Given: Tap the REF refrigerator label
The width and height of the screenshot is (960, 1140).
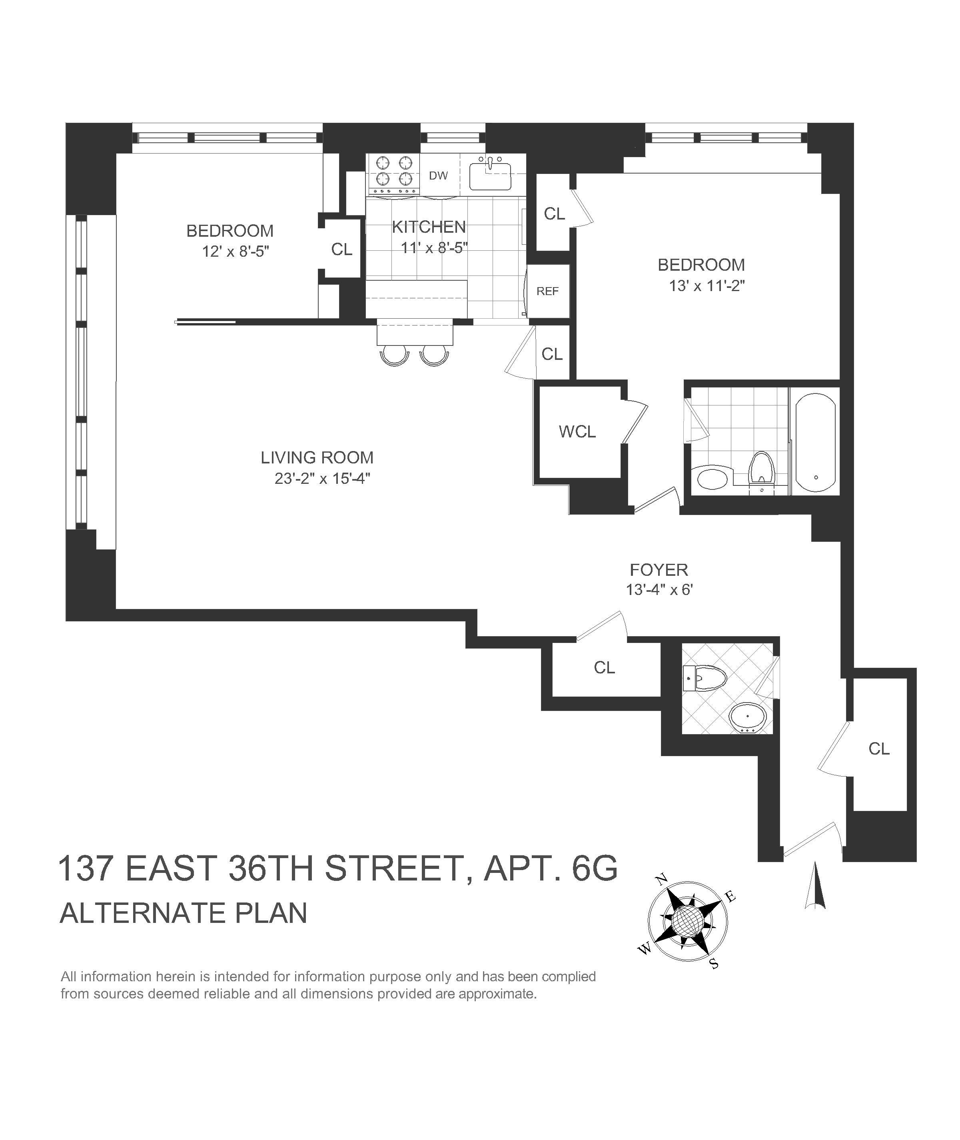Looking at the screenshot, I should click(x=547, y=291).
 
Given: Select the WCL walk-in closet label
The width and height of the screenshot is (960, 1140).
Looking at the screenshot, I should click(x=577, y=431).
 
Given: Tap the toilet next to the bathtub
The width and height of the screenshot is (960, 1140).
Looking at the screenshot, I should click(x=761, y=469).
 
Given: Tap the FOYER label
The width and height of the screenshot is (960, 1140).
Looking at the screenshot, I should click(x=659, y=570).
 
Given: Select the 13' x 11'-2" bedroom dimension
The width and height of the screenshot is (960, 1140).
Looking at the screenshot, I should click(x=707, y=285).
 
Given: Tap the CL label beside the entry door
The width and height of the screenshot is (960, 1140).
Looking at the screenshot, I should click(x=879, y=749).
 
